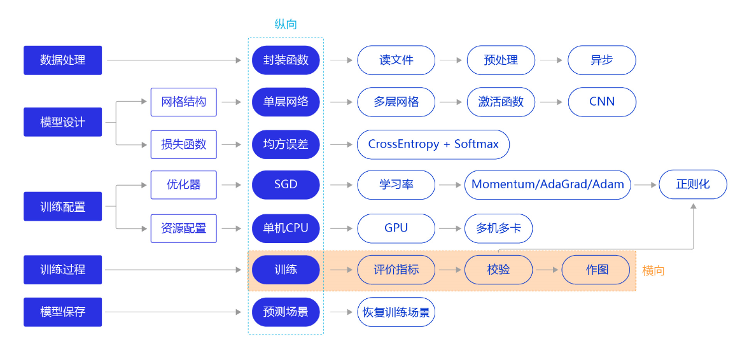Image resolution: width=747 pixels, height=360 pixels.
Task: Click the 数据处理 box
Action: (x=62, y=60)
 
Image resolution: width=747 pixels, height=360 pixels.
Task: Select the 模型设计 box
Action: (x=62, y=122)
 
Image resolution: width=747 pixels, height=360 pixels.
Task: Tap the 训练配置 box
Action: (x=62, y=206)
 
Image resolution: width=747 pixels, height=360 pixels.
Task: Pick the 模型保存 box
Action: (x=62, y=312)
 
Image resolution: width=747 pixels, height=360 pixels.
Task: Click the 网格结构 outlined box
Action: (x=183, y=102)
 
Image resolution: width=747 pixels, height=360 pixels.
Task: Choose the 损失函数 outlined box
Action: (x=183, y=144)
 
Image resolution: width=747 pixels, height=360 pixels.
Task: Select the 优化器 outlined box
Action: (x=183, y=185)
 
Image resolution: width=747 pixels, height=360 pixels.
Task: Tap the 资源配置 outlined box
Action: (x=183, y=228)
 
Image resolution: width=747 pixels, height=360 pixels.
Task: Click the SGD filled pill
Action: (x=286, y=185)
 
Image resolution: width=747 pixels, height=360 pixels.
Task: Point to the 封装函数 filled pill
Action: (x=286, y=60)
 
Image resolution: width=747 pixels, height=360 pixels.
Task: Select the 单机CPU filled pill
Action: (x=286, y=228)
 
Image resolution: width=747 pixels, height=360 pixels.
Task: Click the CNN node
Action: (x=601, y=102)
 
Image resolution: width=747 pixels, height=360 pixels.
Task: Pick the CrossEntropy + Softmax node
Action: (x=433, y=144)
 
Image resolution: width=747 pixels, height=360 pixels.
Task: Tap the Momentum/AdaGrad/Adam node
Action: (x=547, y=185)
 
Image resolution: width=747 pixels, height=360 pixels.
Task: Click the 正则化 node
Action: (x=692, y=185)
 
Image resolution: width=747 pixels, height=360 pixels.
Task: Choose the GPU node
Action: (x=396, y=228)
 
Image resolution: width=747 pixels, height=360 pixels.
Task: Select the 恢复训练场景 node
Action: (x=396, y=312)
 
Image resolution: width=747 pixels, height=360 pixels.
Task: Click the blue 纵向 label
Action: (x=286, y=25)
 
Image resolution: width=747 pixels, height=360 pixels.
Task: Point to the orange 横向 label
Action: (x=653, y=271)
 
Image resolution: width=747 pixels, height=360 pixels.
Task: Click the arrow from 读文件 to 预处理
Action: (x=450, y=60)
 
